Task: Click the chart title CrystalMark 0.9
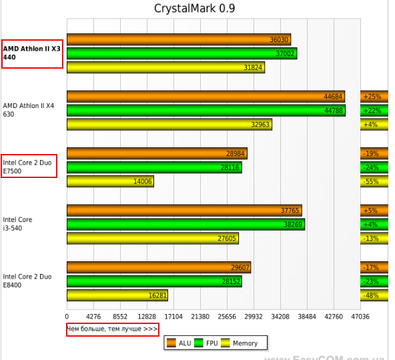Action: click(x=194, y=9)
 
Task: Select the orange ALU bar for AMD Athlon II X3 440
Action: click(x=178, y=39)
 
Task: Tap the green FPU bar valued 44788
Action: click(x=206, y=110)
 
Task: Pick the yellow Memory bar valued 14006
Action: click(x=110, y=181)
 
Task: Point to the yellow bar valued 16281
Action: click(x=117, y=295)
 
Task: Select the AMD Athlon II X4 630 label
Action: click(x=28, y=110)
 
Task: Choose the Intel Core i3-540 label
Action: click(x=18, y=224)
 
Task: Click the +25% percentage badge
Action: click(x=372, y=97)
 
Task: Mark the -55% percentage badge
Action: click(x=372, y=181)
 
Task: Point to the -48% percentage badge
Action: click(x=372, y=295)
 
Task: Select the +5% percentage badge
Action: click(x=371, y=211)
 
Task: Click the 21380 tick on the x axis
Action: click(x=200, y=317)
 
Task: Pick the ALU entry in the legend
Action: click(x=179, y=343)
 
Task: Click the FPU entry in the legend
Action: click(x=209, y=343)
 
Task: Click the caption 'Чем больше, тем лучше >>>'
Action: click(x=112, y=329)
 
